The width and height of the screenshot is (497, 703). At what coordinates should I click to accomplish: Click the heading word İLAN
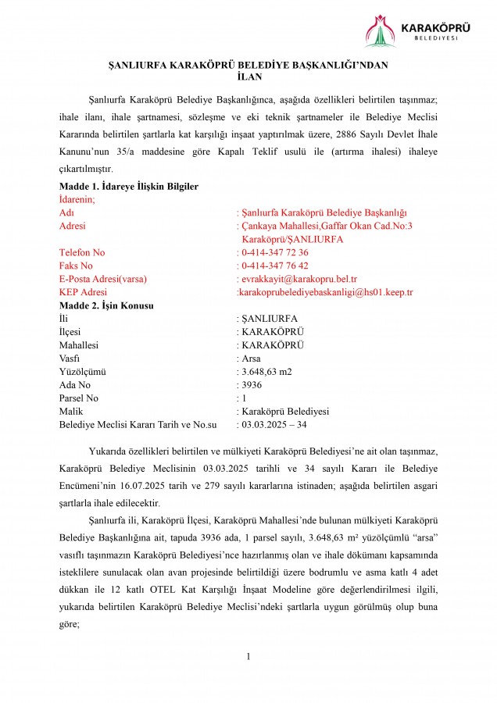click(248, 77)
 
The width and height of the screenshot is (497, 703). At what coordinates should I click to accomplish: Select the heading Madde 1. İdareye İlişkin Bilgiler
click(128, 187)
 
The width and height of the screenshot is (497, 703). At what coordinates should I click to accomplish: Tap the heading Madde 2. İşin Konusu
click(106, 305)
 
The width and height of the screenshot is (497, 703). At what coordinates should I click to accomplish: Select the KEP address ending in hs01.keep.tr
click(324, 292)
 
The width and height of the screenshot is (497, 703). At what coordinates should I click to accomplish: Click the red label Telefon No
click(82, 252)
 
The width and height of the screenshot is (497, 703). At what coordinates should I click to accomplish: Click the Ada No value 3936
click(252, 384)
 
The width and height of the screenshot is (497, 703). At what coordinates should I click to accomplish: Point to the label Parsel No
click(79, 398)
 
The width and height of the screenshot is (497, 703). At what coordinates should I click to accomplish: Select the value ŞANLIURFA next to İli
click(270, 319)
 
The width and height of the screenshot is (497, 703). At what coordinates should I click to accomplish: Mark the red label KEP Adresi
click(83, 292)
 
